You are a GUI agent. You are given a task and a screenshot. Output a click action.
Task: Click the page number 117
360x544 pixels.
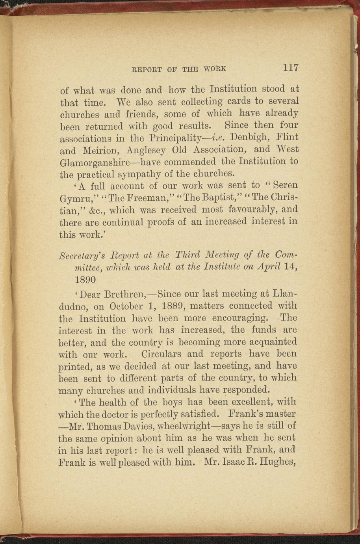(x=291, y=67)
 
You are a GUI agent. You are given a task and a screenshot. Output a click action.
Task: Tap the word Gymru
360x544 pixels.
(x=74, y=198)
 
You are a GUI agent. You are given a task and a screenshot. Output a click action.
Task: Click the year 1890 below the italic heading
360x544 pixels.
(x=85, y=280)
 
